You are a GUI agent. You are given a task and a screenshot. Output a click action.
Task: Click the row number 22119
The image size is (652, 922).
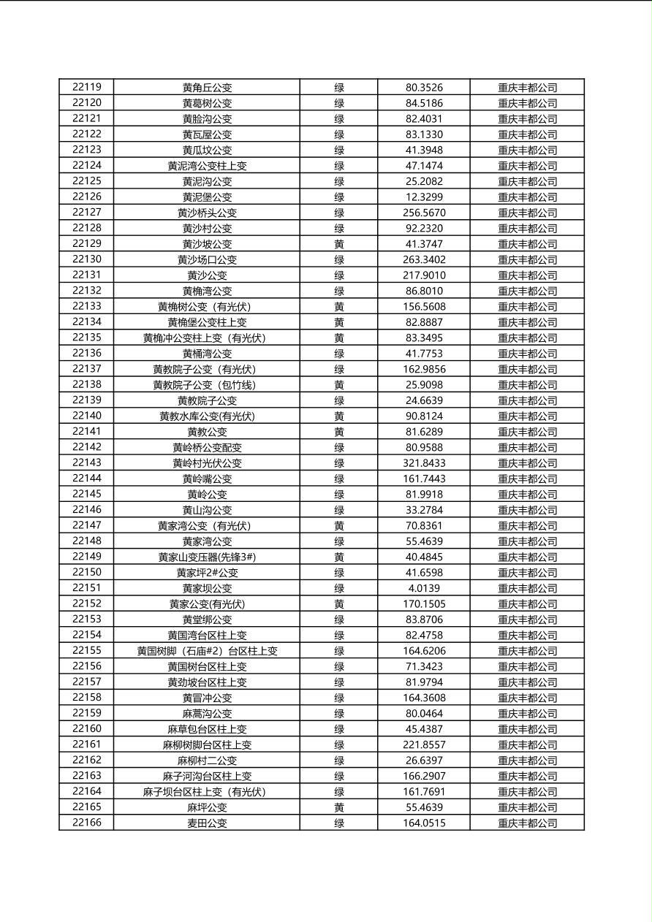(87, 87)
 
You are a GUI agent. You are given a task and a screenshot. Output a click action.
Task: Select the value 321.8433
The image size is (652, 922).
(424, 463)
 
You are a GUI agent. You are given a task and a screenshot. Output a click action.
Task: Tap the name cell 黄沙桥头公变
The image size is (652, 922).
(207, 213)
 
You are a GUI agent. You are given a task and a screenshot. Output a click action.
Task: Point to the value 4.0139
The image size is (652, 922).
(424, 588)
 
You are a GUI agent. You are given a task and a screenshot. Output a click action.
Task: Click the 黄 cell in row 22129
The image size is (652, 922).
(339, 244)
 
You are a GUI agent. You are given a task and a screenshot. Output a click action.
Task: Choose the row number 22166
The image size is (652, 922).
(87, 823)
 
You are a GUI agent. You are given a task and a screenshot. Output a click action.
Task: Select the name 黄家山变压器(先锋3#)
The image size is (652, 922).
(207, 557)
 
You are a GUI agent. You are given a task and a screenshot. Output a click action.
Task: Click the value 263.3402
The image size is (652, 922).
(424, 259)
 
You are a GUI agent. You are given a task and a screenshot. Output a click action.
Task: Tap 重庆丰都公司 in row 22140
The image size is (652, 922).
(527, 416)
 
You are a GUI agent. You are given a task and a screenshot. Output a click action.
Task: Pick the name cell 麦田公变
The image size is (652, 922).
(207, 823)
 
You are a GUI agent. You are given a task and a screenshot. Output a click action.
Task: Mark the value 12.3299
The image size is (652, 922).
(424, 197)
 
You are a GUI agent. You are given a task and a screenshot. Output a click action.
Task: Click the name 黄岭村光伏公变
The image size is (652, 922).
(207, 463)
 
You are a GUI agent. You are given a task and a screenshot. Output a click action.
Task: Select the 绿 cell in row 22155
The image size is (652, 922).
(339, 651)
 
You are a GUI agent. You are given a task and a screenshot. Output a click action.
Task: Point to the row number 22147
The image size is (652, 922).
(87, 525)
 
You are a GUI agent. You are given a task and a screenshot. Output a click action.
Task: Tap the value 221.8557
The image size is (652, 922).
(424, 744)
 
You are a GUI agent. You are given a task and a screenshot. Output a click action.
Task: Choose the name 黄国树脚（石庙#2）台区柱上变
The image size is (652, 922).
(207, 651)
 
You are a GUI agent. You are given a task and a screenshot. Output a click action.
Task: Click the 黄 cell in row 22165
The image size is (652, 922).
(339, 807)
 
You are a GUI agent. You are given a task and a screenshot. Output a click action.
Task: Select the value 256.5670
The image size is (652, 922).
(424, 213)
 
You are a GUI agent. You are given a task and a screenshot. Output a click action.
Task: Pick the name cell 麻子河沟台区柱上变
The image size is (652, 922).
(207, 776)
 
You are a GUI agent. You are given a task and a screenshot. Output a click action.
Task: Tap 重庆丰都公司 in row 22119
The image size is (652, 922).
(527, 88)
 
